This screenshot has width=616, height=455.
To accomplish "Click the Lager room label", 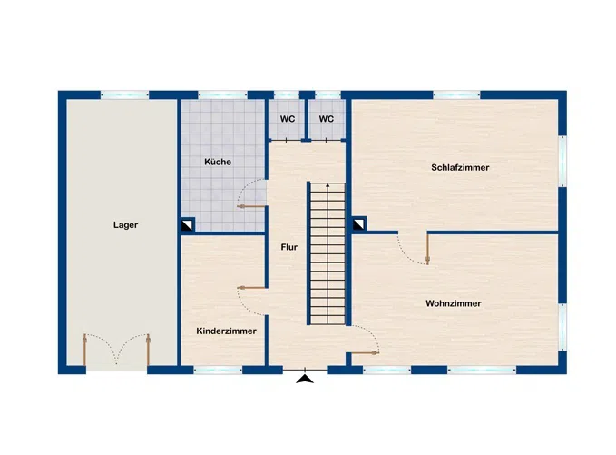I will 126,225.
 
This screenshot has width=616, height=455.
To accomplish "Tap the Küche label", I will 218,162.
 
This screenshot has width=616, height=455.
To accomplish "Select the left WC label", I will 287,119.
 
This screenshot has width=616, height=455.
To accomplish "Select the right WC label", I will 327,119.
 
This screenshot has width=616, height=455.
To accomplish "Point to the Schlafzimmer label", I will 460,168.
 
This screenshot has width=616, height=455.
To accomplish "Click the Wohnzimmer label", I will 453,303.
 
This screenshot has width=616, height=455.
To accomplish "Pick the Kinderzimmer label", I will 226,331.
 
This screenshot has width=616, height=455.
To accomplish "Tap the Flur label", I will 289,246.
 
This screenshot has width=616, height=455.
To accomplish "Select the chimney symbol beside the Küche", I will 187,224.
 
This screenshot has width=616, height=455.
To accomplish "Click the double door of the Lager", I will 117,350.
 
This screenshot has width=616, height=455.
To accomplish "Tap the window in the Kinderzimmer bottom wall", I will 218,370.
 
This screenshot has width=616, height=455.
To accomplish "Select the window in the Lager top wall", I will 124,94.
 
